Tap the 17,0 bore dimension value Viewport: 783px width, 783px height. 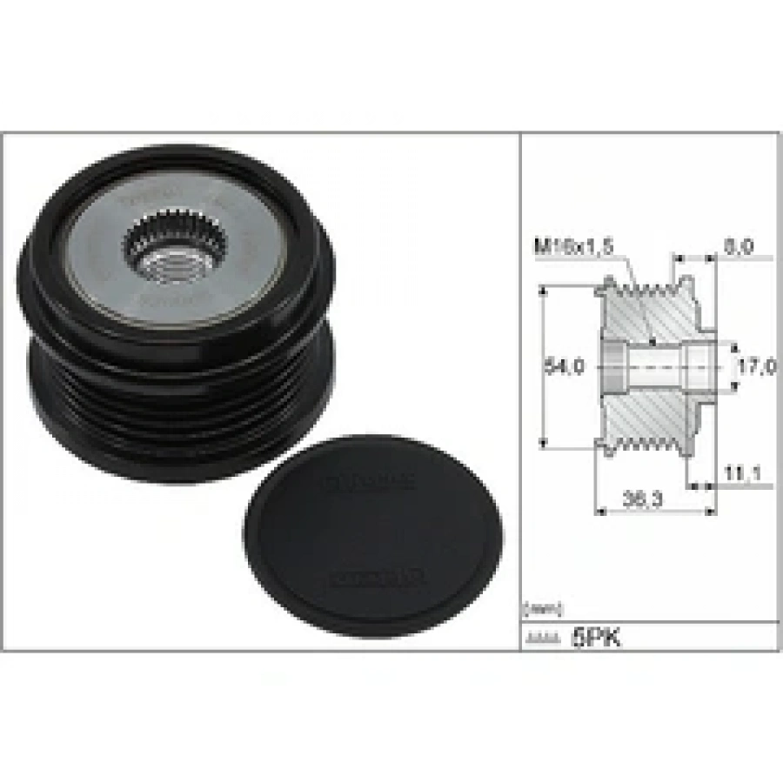(756, 366)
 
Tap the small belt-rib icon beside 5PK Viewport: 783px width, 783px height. (541, 639)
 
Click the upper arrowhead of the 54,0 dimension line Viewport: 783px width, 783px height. (542, 288)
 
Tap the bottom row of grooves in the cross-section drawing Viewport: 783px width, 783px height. (644, 445)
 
